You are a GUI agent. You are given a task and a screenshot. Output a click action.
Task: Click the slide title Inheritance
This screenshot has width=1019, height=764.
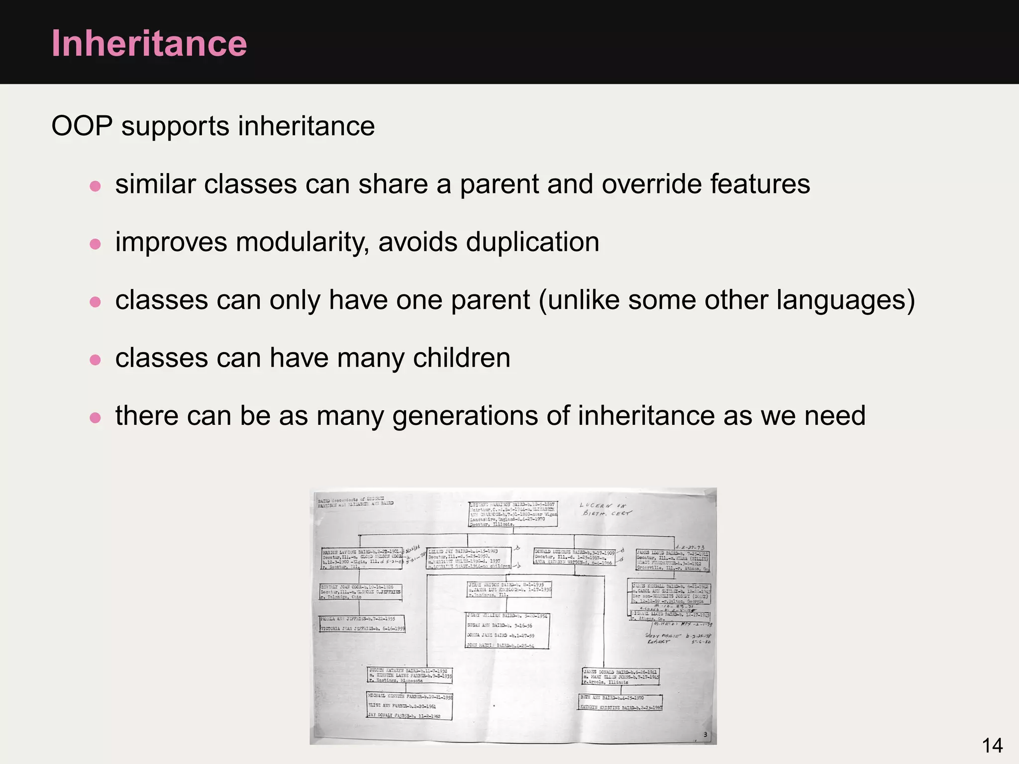coord(149,44)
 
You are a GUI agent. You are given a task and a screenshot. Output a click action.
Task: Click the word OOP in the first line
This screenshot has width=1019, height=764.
coord(82,126)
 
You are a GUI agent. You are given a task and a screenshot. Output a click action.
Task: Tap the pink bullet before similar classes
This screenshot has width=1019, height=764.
coord(95,186)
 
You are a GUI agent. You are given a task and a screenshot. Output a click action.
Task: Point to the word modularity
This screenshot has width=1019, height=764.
coord(302,242)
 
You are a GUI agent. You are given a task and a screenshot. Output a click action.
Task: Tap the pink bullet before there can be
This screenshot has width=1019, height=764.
coord(95,417)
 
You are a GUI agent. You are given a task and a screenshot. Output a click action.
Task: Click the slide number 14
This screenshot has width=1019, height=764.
coord(992,746)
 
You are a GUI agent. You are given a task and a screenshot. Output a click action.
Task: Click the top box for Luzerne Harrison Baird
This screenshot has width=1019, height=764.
coord(513,514)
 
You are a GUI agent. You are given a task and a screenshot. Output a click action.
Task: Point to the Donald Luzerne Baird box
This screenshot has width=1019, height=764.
coord(574,557)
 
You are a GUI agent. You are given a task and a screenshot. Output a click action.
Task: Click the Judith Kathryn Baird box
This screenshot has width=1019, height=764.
coord(410,675)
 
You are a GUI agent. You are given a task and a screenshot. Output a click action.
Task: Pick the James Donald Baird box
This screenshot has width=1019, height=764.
coord(621,677)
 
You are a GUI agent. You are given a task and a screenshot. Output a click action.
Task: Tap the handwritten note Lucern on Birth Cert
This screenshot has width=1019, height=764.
coord(605,509)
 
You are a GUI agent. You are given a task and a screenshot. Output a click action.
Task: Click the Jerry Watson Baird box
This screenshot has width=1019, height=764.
coord(509,589)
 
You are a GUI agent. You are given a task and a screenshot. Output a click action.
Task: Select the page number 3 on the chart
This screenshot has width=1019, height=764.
coord(705,735)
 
